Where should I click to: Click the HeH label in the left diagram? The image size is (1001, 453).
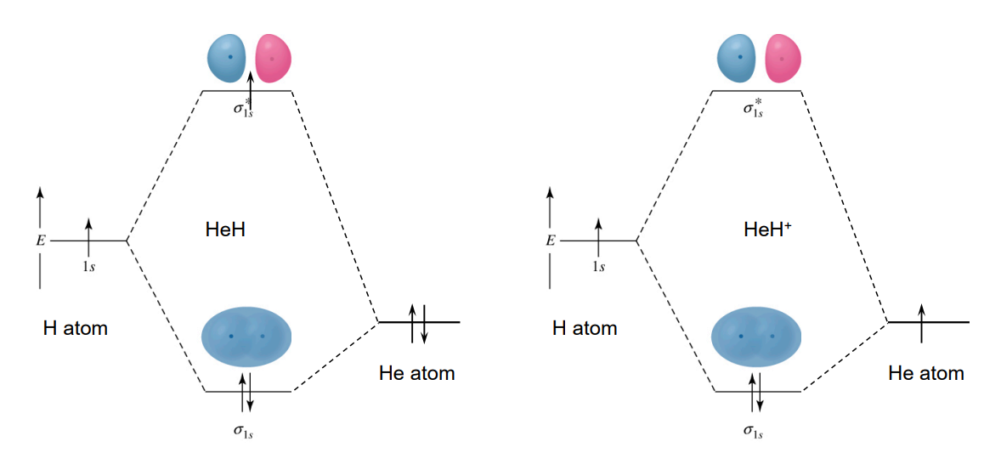[225, 229]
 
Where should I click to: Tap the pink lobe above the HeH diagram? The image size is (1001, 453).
[274, 59]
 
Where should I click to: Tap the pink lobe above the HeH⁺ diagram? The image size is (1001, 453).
[783, 59]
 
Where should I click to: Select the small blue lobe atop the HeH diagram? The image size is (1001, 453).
[227, 58]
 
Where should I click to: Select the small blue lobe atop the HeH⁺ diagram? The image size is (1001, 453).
[738, 58]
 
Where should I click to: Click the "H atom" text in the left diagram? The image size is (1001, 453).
[76, 328]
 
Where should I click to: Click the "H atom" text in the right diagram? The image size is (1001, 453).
[585, 328]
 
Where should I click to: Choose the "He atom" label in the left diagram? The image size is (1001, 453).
[416, 373]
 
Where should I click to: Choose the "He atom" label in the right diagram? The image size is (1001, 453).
[926, 373]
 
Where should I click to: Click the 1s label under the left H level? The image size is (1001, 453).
[88, 266]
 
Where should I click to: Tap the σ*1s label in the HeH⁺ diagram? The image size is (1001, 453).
[753, 108]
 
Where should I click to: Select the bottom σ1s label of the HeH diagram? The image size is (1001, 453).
[244, 431]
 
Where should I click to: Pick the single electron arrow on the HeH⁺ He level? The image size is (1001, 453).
[922, 323]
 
